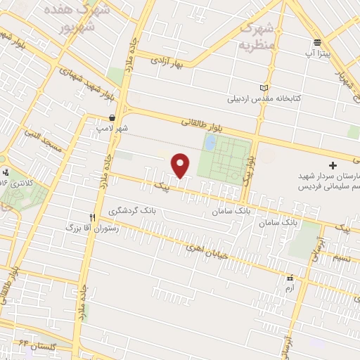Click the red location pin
(181, 165)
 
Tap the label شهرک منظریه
(255, 37)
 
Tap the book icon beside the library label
(264, 88)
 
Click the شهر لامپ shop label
(112, 129)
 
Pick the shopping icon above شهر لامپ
(112, 118)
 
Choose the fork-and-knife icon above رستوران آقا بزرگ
(91, 218)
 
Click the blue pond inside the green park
(210, 143)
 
